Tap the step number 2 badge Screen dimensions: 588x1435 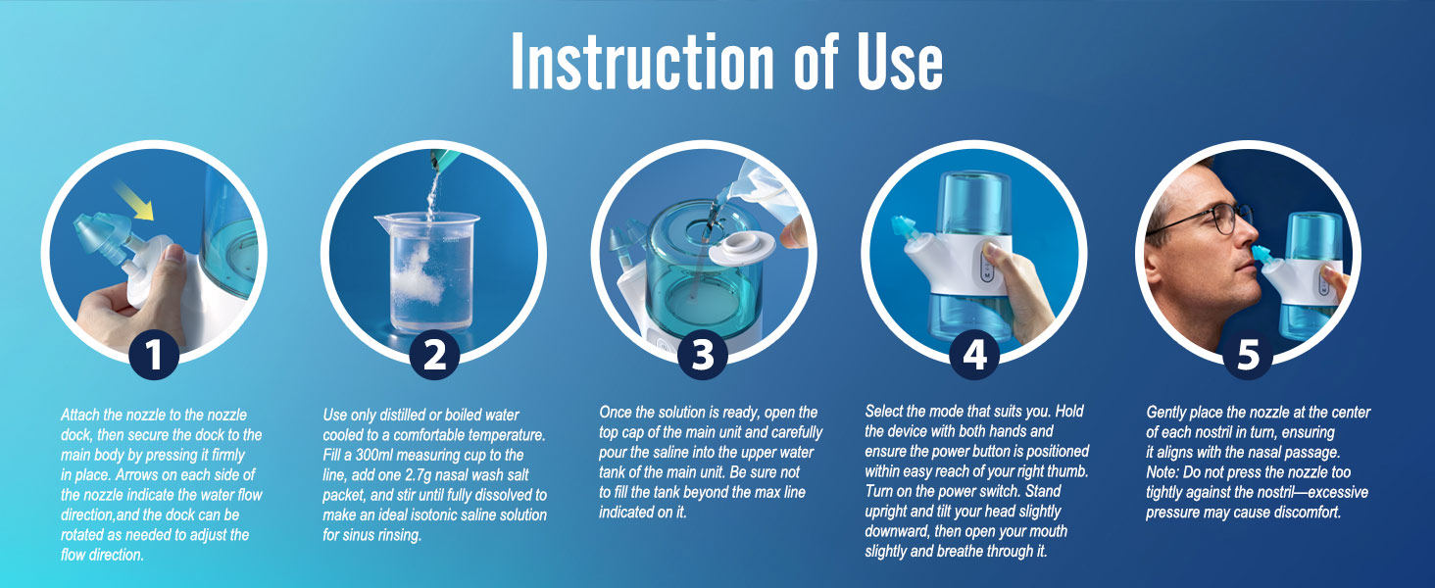(x=434, y=353)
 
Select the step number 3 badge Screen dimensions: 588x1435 (x=703, y=353)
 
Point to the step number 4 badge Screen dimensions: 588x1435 (x=974, y=353)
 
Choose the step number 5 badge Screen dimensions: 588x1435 (x=1247, y=353)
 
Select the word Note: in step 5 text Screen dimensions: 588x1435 (x=1166, y=472)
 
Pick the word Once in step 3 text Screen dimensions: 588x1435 (x=617, y=413)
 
